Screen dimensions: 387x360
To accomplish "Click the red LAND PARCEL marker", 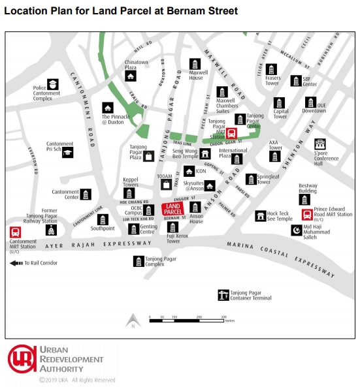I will pos(172,209).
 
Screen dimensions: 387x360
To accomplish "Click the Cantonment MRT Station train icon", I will pos(14,232).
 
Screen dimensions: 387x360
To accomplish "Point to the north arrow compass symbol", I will pos(132,320).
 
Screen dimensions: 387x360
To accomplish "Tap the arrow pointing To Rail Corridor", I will pos(14,263).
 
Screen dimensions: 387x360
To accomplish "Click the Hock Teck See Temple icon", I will pos(261,215).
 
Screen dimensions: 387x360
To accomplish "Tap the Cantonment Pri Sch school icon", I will pos(67,152).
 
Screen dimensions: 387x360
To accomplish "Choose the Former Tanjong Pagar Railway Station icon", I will pos(50,230).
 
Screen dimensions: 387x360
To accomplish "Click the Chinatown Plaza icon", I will pos(131,76).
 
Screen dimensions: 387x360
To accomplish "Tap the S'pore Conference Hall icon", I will pos(320,144).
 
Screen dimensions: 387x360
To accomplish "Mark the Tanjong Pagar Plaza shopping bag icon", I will pos(151,156).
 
